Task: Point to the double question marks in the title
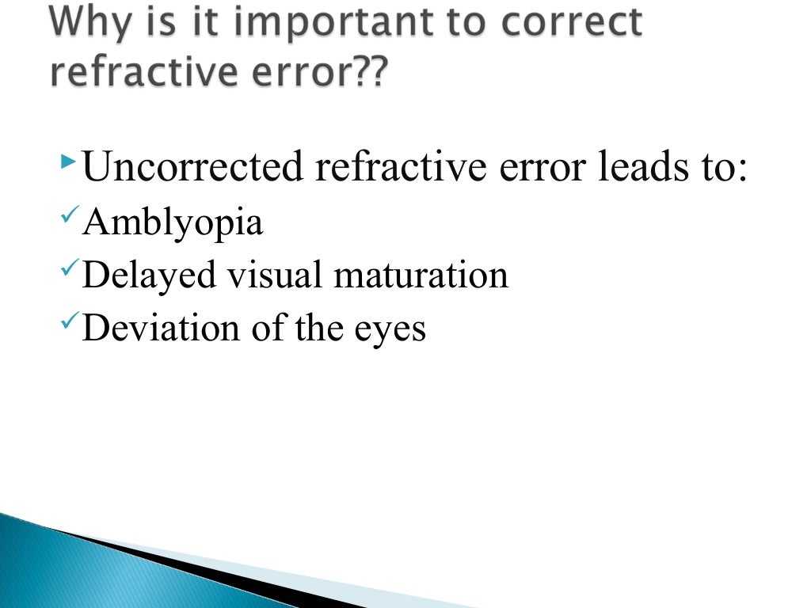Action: [x=371, y=73]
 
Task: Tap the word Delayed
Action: [x=149, y=275]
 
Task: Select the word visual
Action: [x=273, y=275]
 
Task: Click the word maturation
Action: [x=421, y=275]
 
